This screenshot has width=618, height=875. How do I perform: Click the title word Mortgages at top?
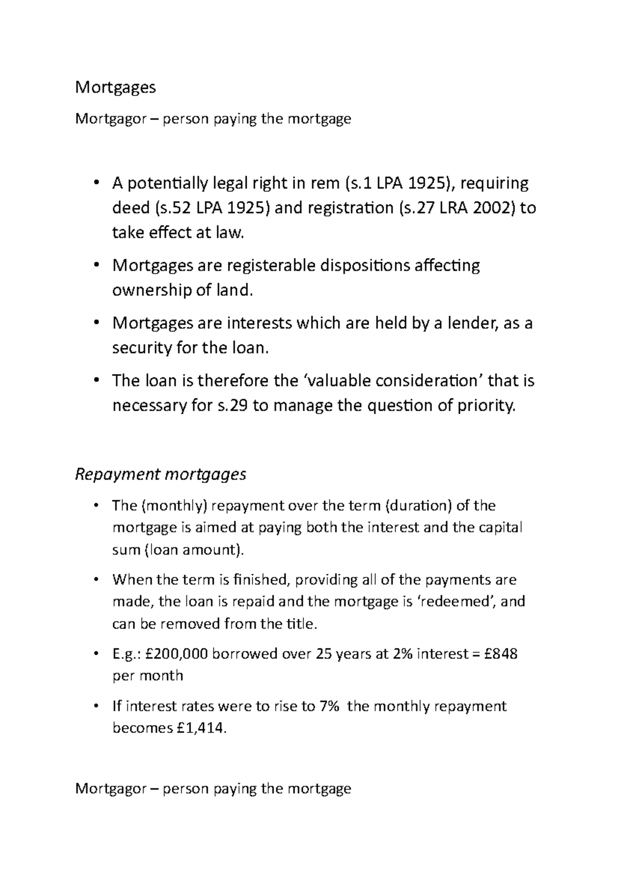[115, 88]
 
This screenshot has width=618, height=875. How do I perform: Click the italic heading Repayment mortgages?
[161, 474]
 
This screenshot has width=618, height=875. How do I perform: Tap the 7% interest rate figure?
[329, 706]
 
